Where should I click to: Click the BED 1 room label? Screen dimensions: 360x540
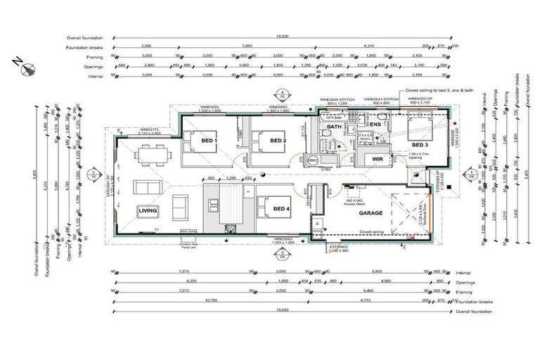pos(210,141)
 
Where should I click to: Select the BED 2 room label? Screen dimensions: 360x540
pos(278,141)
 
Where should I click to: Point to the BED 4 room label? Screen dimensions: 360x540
pos(281,209)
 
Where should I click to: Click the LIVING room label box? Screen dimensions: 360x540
pos(147,210)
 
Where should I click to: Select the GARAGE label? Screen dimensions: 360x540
pos(371,212)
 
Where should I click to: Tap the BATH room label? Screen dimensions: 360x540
pos(334,127)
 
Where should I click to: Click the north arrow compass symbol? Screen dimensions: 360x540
pos(29,68)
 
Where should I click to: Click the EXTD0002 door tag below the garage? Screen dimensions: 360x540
pos(340,247)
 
